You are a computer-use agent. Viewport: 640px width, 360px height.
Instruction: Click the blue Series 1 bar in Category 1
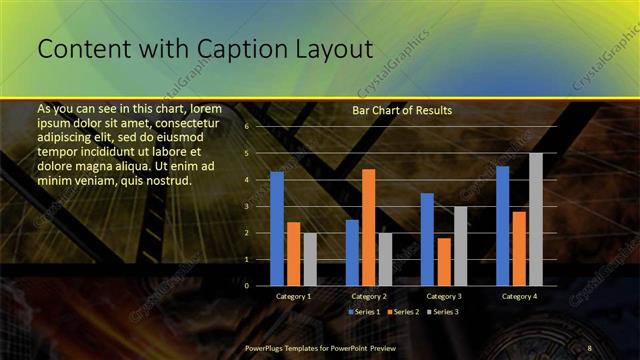coord(277,228)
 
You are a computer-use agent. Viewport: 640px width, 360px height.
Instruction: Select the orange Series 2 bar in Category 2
coord(368,227)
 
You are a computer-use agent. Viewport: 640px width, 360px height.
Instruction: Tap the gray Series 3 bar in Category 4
coord(536,219)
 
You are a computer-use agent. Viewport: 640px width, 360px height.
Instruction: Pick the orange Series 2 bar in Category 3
coord(443,261)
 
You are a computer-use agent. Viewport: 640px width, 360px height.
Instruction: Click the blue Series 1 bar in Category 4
coord(502,225)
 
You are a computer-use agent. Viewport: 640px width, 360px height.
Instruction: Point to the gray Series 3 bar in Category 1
coord(310,259)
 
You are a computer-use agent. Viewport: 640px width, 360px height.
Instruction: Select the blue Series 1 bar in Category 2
coord(352,252)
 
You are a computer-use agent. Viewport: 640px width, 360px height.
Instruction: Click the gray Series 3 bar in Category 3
coord(460,246)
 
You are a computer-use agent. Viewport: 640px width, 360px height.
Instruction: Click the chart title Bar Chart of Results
coord(402,110)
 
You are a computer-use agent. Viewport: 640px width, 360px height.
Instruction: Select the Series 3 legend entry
coord(443,312)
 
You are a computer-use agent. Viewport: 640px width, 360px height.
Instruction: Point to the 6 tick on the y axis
coord(246,127)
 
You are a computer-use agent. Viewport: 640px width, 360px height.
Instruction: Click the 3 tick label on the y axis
coord(246,206)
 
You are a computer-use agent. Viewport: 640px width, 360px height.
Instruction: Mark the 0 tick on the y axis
coord(246,285)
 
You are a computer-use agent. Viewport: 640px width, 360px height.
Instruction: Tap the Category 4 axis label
coord(519,297)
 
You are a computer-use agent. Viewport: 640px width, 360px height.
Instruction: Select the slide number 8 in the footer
coord(589,347)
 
